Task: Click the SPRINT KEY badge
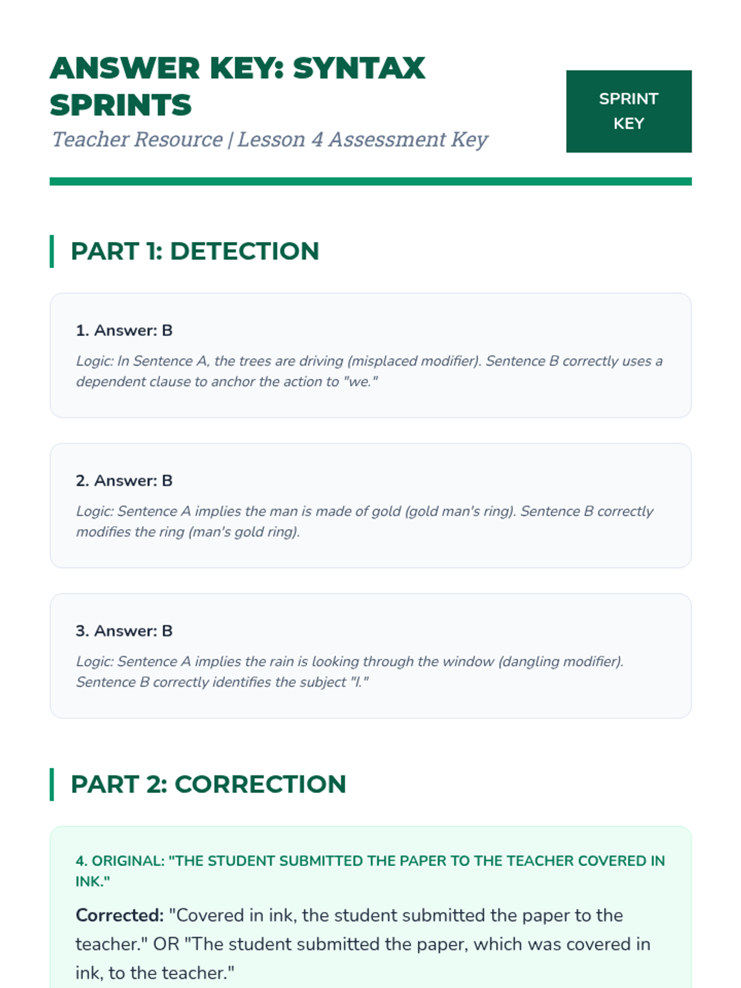click(629, 111)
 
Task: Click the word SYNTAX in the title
click(359, 68)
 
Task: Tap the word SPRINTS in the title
click(121, 105)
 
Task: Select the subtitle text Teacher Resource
click(137, 140)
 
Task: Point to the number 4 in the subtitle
click(317, 140)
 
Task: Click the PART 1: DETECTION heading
click(195, 251)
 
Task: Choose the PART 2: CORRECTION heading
click(208, 784)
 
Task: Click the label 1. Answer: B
click(124, 330)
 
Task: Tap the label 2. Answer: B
click(124, 480)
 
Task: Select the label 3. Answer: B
click(124, 630)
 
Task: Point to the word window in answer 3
click(471, 661)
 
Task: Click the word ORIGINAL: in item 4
click(128, 861)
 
